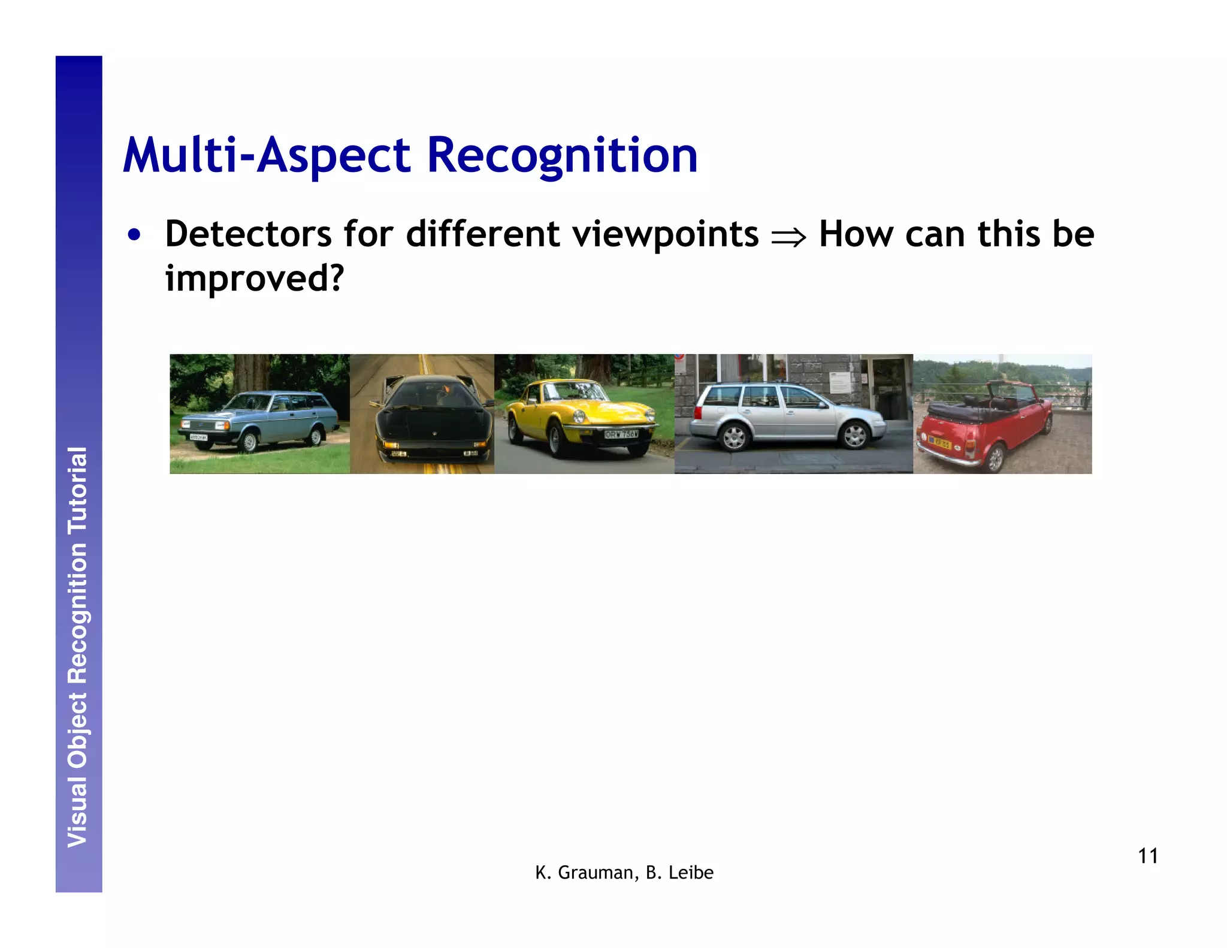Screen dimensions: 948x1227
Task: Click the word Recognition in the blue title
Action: [x=562, y=155]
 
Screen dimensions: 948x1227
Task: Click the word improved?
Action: [x=255, y=278]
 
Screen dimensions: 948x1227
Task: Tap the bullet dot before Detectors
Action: [x=134, y=235]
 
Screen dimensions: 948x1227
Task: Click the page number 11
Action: [x=1147, y=856]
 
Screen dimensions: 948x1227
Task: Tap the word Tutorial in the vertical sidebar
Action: [x=78, y=490]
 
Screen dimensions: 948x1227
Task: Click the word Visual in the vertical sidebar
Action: [x=78, y=812]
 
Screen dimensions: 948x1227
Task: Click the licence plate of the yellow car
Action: [x=621, y=434]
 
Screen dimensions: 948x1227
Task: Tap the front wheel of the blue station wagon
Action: [x=249, y=442]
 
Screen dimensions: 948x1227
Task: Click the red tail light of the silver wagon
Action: [x=697, y=413]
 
